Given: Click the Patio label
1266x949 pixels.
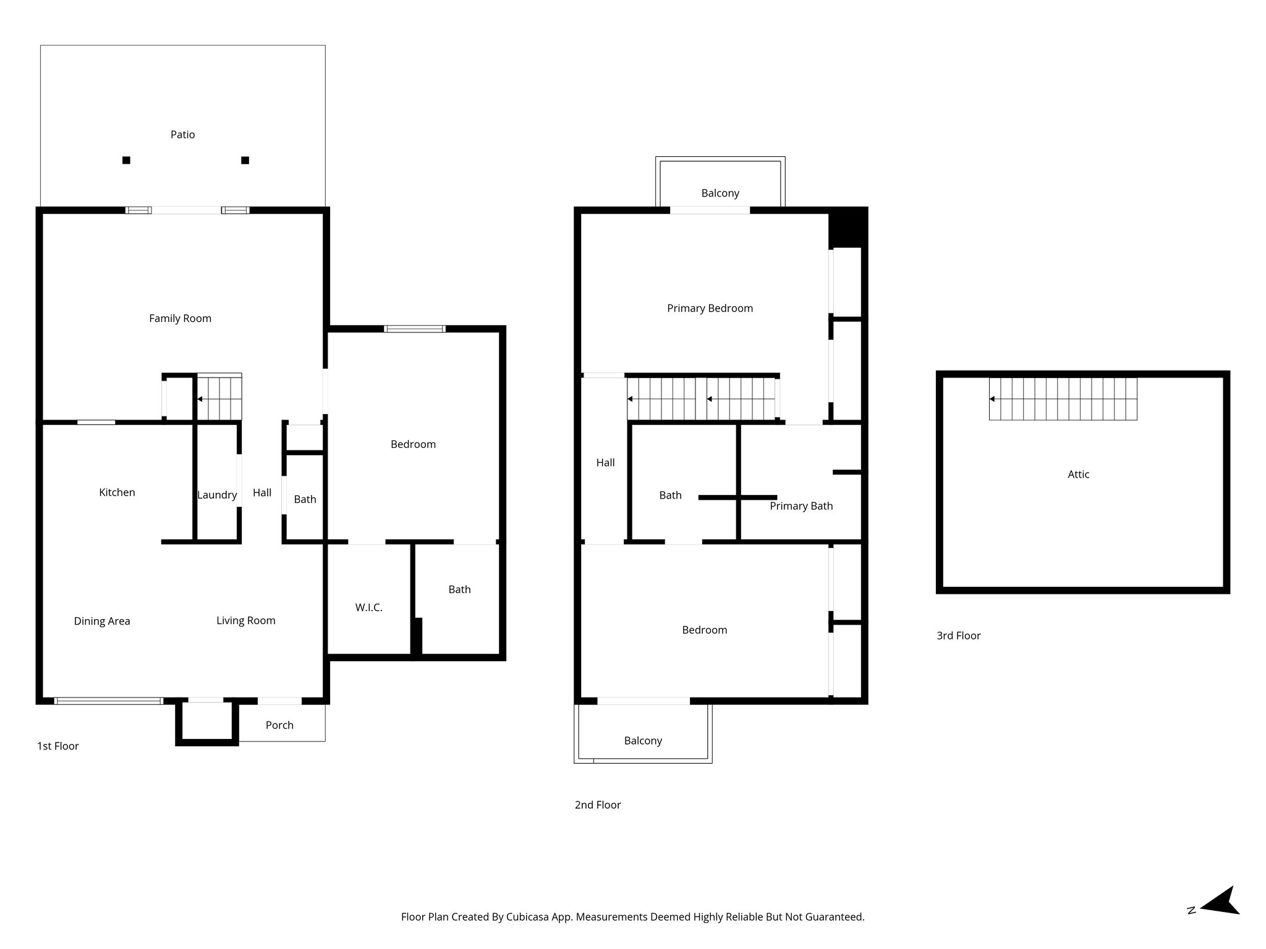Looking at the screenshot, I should pos(182,135).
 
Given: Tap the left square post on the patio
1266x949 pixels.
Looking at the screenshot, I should pos(126,160).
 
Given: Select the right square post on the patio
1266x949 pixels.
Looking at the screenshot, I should pos(245,160).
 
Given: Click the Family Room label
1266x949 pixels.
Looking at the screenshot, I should pos(180,318).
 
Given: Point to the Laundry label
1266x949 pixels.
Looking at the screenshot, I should pos(217,495).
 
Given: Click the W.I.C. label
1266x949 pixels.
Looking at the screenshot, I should pos(368,607).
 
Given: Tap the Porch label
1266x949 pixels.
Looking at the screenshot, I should pos(279,725).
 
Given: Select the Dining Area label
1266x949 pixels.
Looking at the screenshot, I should pos(102,621).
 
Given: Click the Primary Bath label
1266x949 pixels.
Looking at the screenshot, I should pos(801,506).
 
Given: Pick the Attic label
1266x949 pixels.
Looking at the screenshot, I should pos(1078,474).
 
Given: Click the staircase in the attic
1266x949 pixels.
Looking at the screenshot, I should pos(1063,399).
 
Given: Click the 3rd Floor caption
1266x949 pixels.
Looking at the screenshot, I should pos(958,635).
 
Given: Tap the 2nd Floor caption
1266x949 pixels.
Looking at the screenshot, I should pos(597,804).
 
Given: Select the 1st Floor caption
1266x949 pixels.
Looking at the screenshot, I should pos(58,746).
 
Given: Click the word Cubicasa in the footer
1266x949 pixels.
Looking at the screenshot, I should pos(529,917).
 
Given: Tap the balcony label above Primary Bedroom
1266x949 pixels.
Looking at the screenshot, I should pos(720,193).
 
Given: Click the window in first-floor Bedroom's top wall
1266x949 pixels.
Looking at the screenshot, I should pos(414,329).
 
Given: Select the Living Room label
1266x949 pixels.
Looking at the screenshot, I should pos(245,620).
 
